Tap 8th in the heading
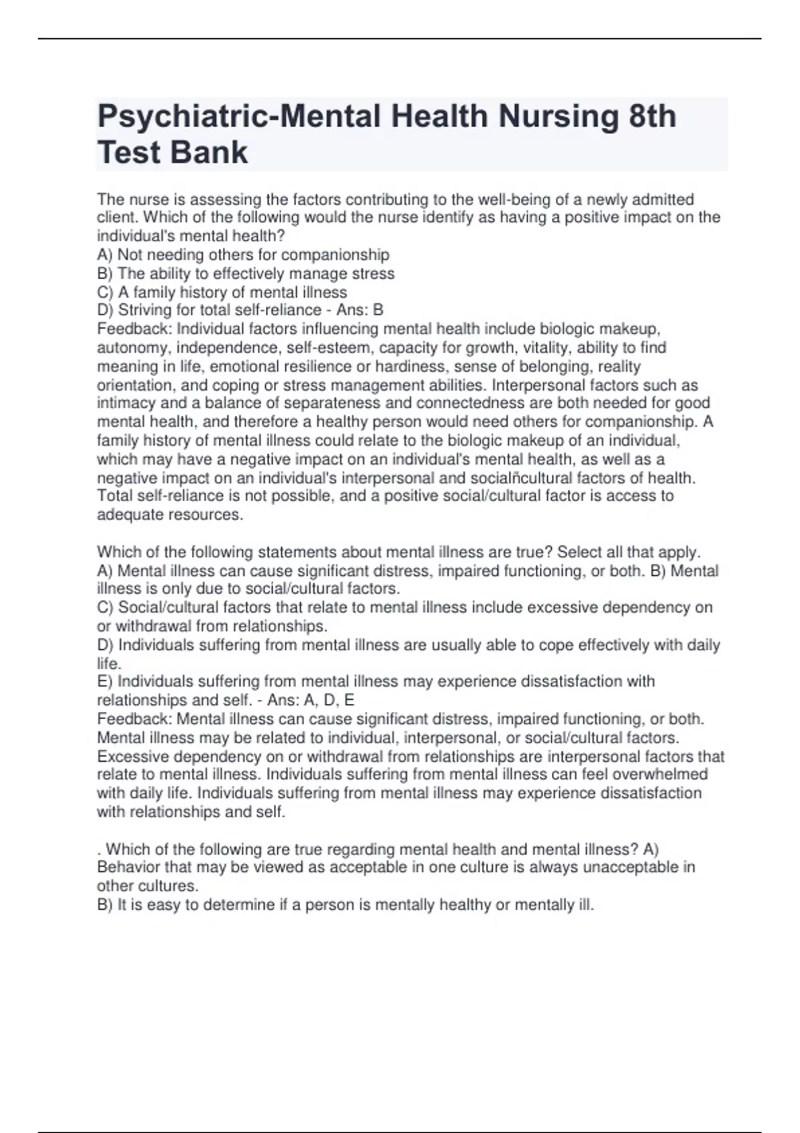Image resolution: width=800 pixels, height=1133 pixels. pyautogui.click(x=652, y=117)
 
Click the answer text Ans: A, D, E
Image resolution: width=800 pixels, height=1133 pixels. pyautogui.click(x=310, y=700)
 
